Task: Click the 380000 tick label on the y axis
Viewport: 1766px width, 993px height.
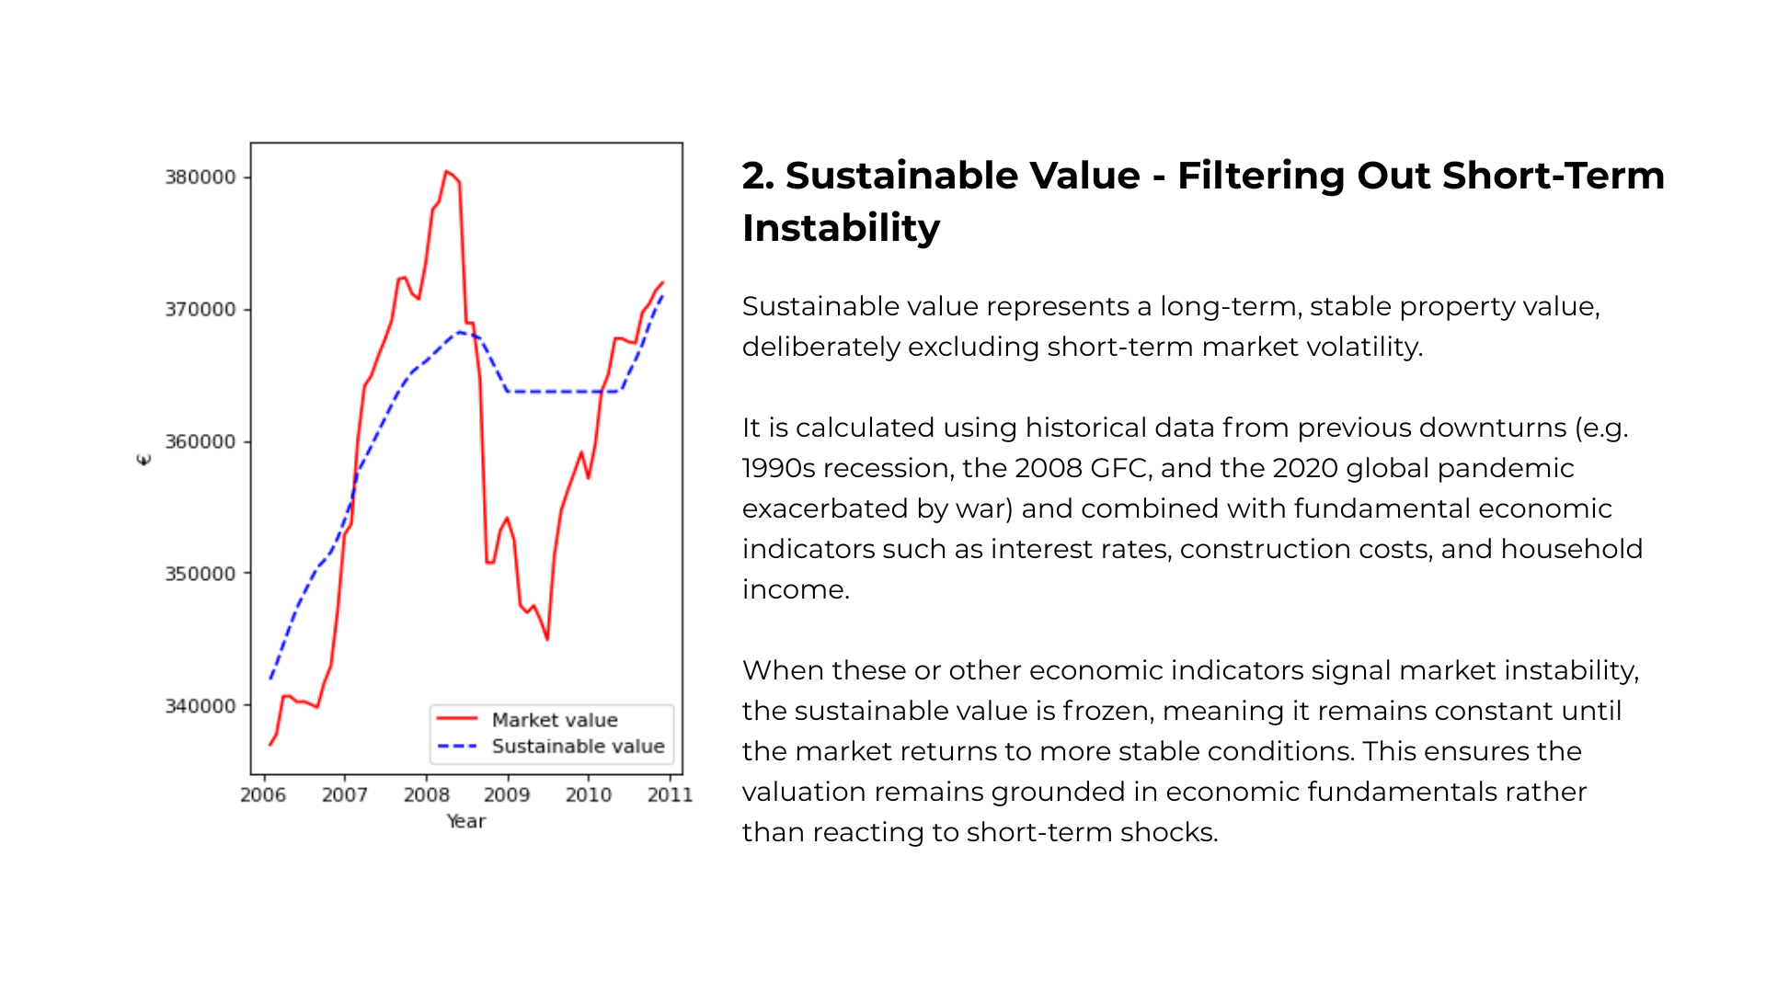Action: (x=201, y=177)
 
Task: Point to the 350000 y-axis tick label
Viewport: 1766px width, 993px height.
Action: (x=201, y=574)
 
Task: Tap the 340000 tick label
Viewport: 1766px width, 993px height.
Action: (x=201, y=706)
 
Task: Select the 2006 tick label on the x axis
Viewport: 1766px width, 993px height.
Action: (x=263, y=795)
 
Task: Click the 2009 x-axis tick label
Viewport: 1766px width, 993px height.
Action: (x=507, y=795)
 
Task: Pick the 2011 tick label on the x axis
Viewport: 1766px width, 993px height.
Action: (x=670, y=795)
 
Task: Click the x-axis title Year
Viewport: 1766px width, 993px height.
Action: (x=466, y=821)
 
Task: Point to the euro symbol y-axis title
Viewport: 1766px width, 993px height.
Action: (x=143, y=460)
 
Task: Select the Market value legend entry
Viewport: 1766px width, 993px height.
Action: (x=554, y=720)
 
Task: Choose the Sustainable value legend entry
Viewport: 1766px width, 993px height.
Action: (x=578, y=747)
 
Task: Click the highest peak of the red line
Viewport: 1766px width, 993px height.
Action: (x=446, y=171)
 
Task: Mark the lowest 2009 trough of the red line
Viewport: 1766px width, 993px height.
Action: (x=547, y=639)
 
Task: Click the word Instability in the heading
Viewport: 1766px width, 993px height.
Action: (x=841, y=228)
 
